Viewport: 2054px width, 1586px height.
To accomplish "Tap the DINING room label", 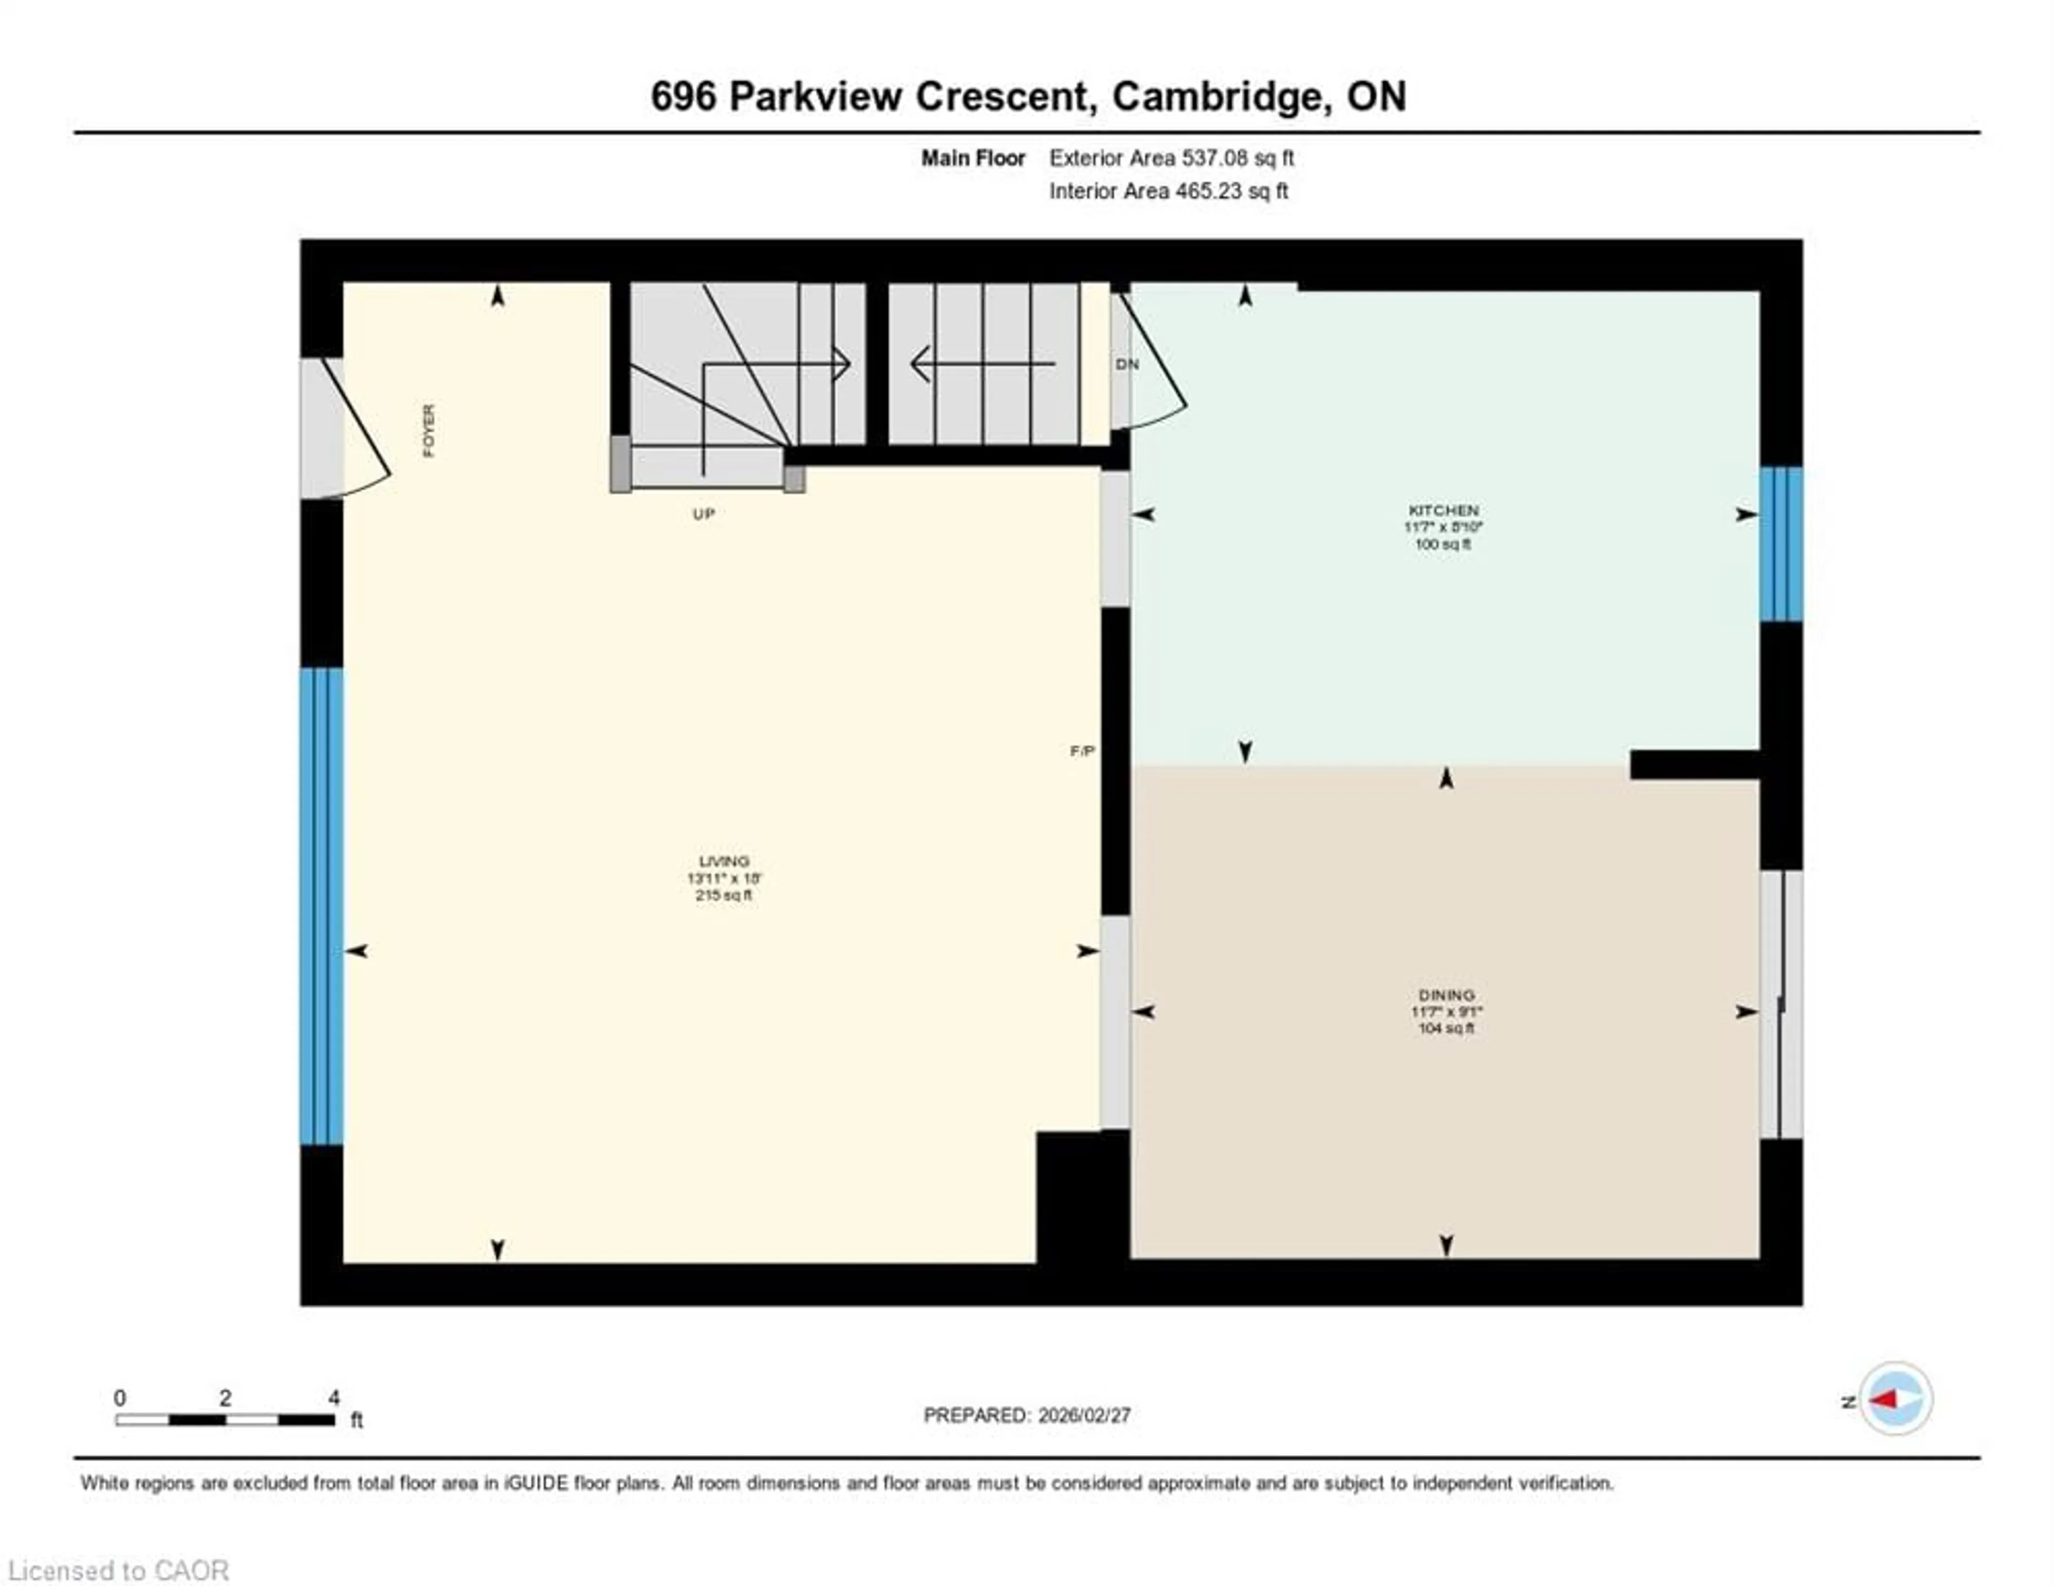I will [1446, 995].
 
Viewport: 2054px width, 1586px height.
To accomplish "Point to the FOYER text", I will [429, 431].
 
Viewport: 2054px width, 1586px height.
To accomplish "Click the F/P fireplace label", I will [1082, 751].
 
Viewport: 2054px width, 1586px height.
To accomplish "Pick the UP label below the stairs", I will [703, 514].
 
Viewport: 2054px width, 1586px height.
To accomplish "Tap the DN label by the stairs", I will [1126, 364].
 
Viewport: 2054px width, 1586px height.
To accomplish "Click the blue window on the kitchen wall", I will [1781, 544].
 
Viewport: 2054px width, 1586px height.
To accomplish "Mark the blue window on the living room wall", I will [321, 906].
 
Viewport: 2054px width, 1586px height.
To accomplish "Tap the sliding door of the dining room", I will [1781, 1004].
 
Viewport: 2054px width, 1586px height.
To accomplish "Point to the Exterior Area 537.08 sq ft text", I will [1171, 158].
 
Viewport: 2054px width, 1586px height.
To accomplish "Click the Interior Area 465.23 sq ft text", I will [1168, 191].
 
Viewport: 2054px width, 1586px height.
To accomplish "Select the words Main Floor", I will [972, 158].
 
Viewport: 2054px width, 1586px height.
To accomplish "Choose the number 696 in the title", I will [684, 97].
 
